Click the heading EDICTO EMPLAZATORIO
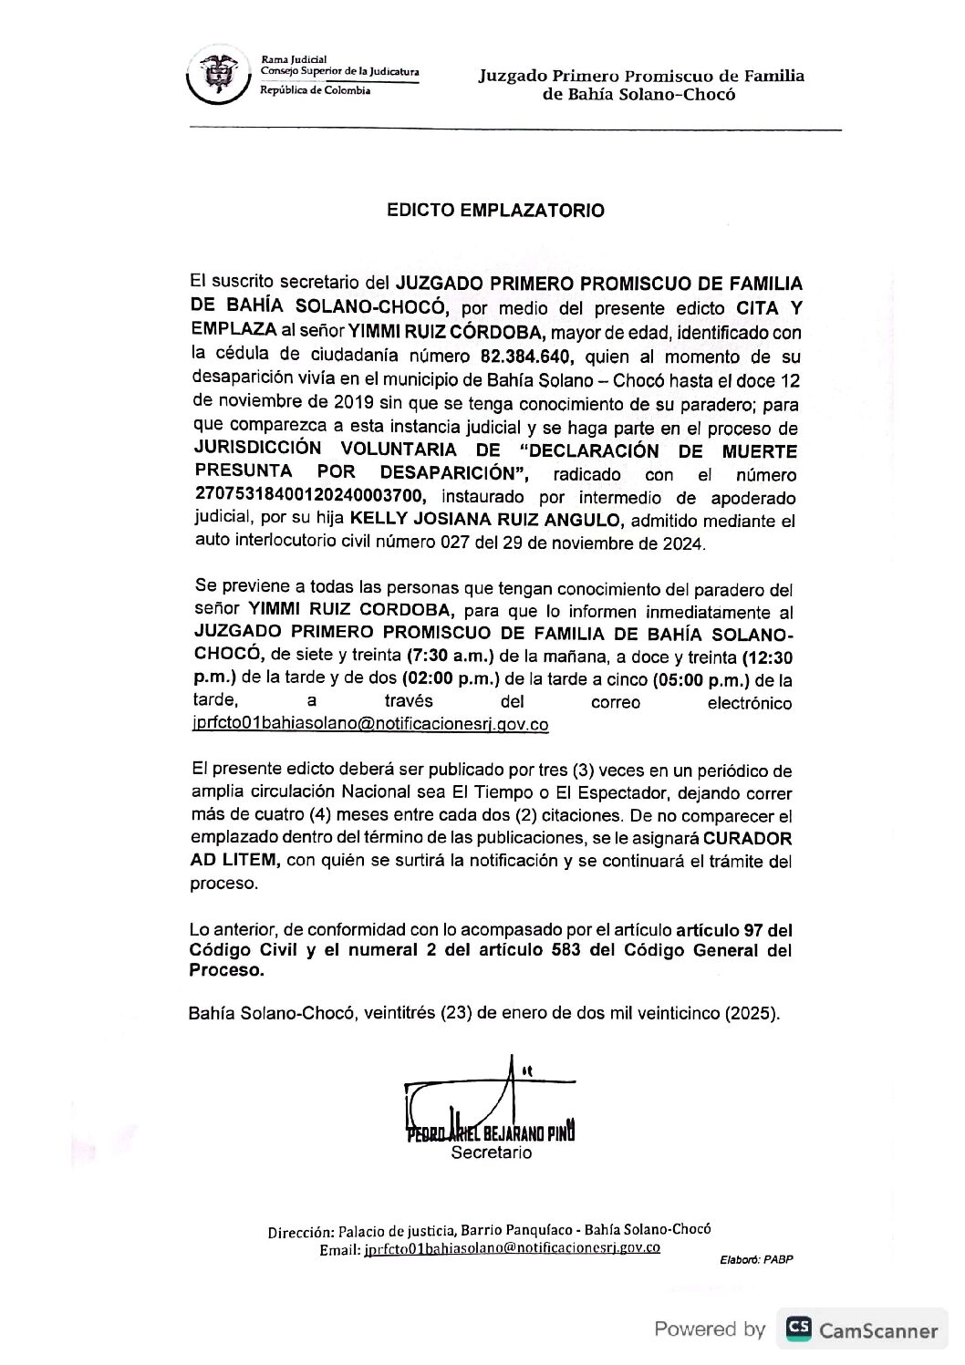pyautogui.click(x=495, y=211)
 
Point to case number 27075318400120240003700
pyautogui.click(x=316, y=497)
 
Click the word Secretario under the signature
pyautogui.click(x=492, y=1153)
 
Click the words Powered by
pyautogui.click(x=710, y=1329)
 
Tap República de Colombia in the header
pyautogui.click(x=315, y=93)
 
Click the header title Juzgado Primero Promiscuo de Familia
pyautogui.click(x=641, y=76)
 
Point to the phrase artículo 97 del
pyautogui.click(x=733, y=931)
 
